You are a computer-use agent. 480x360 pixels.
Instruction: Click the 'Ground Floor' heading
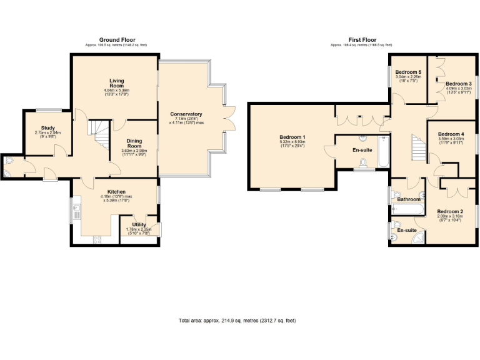coord(117,40)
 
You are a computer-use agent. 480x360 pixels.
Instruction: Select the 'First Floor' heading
coord(362,40)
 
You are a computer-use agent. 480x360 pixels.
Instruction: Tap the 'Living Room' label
coord(117,83)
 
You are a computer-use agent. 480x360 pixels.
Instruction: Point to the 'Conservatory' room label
coord(186,114)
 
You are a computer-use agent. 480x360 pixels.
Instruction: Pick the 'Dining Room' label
coord(134,144)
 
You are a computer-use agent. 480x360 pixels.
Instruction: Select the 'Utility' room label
coord(139,224)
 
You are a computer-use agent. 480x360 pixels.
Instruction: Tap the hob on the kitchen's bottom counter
coord(97,239)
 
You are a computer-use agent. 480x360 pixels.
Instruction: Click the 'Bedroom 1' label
coord(293,137)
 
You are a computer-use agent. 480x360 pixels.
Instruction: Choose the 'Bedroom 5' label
coord(408,72)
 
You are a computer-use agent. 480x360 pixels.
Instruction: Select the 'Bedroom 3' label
coord(458,84)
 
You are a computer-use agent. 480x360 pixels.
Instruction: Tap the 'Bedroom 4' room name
coord(451,134)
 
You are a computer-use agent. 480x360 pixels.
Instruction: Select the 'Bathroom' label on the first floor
coord(409,199)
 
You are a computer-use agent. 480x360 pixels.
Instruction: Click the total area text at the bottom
coord(237,321)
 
